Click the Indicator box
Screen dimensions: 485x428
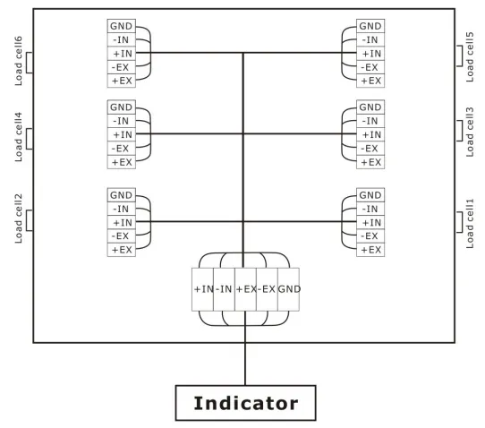[245, 403]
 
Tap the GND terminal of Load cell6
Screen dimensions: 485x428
[122, 26]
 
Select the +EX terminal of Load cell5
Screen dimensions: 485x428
[370, 81]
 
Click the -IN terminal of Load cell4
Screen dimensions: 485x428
[122, 121]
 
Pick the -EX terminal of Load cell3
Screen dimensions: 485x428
[370, 149]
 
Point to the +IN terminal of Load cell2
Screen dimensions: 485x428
[122, 222]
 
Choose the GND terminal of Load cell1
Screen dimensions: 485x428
[370, 195]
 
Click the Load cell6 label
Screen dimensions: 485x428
[19, 61]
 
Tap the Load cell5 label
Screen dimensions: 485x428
[470, 56]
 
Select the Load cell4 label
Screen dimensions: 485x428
[19, 137]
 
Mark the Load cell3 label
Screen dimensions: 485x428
[470, 132]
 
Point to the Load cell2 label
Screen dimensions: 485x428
[19, 218]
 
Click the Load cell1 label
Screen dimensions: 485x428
[470, 224]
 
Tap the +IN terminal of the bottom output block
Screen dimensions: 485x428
[202, 289]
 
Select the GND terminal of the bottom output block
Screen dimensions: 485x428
[289, 289]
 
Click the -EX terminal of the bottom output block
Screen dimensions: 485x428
[267, 289]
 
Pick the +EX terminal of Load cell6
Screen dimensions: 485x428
[122, 81]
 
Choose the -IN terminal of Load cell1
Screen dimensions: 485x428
[370, 209]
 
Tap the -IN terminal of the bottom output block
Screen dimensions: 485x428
[224, 289]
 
